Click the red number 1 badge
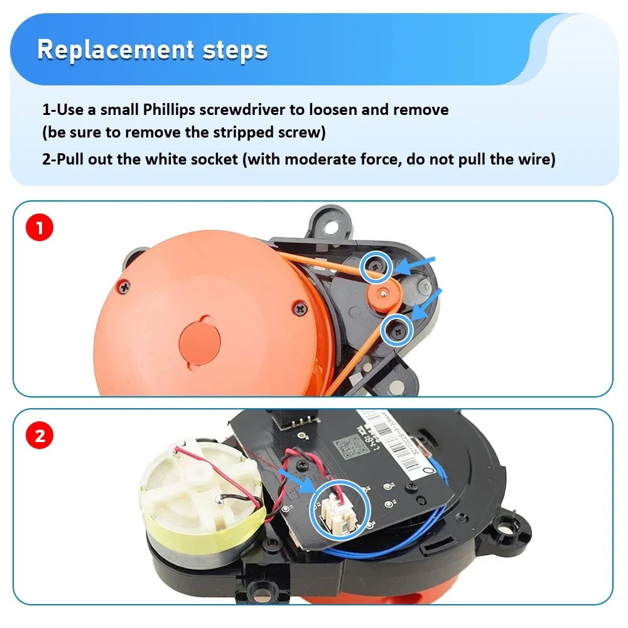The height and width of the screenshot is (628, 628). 40,227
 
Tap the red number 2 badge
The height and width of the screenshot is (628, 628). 40,435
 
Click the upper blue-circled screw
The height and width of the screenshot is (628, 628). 376,267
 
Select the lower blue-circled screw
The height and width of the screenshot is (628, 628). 397,328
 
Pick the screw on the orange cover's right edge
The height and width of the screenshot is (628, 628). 300,308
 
